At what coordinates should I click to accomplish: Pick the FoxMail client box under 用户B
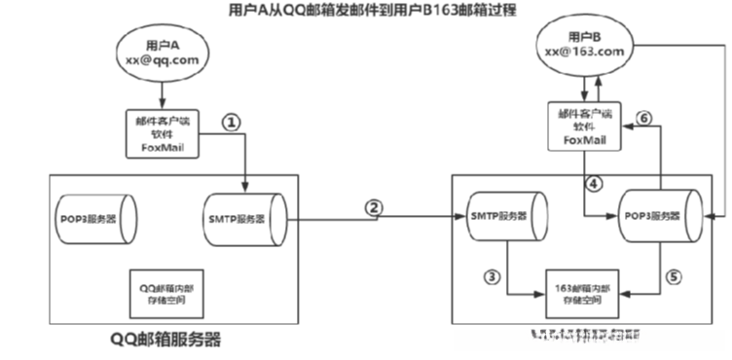[581, 126]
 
